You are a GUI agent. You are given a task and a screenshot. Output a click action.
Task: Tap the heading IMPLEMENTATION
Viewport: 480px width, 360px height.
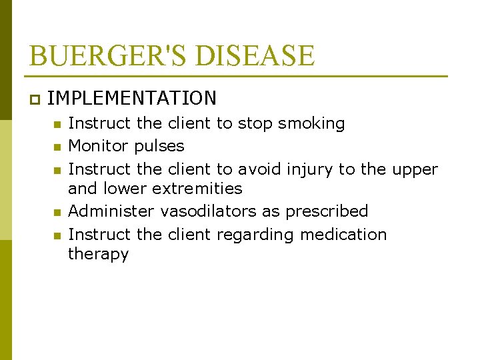(132, 99)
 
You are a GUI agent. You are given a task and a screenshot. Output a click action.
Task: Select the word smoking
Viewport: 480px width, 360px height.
(311, 124)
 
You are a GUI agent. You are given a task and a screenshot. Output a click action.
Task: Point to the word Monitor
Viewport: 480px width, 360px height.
(99, 146)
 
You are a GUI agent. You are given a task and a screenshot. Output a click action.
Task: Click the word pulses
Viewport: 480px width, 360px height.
(159, 147)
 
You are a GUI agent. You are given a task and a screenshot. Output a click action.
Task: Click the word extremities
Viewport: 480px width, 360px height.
(197, 189)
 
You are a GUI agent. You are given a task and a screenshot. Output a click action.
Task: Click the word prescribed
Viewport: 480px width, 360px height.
(327, 212)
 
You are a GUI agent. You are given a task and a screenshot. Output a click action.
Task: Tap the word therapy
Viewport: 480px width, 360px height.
(98, 255)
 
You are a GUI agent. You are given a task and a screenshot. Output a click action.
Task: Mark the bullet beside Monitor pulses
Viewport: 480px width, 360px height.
(57, 147)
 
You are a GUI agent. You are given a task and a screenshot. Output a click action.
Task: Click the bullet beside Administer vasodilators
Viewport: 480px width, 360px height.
(57, 212)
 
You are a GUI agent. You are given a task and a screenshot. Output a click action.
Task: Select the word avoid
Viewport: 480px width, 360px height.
(260, 169)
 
